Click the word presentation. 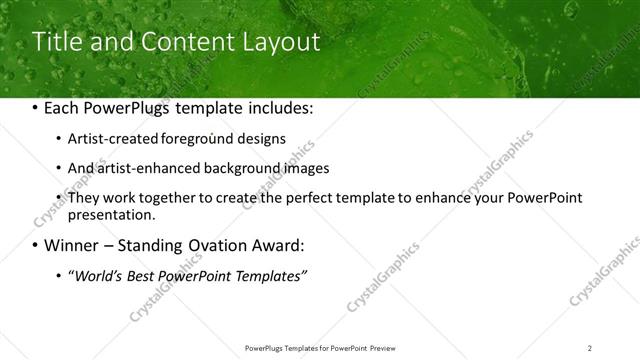(111, 214)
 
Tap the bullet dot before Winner (36, 246)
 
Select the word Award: (289, 246)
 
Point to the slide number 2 (590, 347)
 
